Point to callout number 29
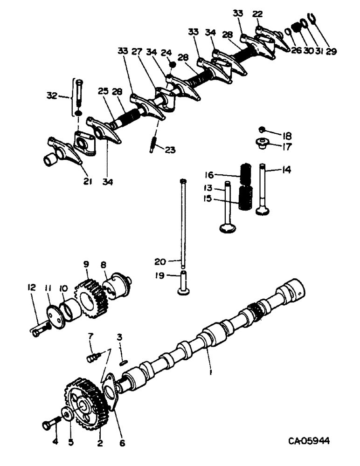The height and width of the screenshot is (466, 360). pyautogui.click(x=331, y=51)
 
